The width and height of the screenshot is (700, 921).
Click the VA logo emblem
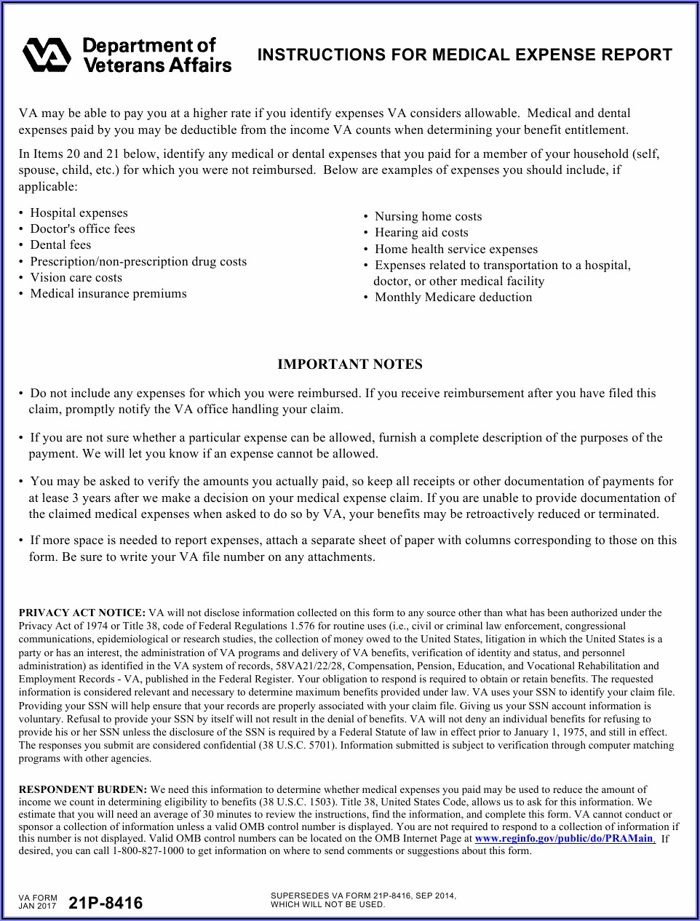pos(46,55)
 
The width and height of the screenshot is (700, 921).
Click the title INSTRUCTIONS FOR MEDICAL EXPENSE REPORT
pos(465,55)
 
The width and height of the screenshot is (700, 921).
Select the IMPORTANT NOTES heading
pos(349,364)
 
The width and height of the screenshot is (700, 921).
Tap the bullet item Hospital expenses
pos(79,212)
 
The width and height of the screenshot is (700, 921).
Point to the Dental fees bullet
pos(60,245)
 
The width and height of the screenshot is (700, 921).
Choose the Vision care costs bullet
pos(76,277)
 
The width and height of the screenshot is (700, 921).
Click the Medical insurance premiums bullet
pos(108,294)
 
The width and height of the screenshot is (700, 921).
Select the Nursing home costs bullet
pos(428,216)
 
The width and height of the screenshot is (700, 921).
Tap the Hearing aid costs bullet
pos(421,233)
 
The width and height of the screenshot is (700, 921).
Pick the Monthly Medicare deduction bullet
pos(453,298)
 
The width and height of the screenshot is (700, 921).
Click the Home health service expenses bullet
pos(456,249)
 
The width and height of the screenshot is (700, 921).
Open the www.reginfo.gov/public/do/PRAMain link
pos(564,839)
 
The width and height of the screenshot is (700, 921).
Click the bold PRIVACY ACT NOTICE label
pos(82,613)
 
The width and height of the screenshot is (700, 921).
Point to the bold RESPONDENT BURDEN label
pos(83,789)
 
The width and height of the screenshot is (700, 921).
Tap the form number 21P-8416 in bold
pos(106,904)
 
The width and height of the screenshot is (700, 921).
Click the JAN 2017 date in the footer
pos(37,906)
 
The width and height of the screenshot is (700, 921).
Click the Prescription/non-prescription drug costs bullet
pos(138,261)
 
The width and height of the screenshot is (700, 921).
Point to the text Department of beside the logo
pos(149,46)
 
